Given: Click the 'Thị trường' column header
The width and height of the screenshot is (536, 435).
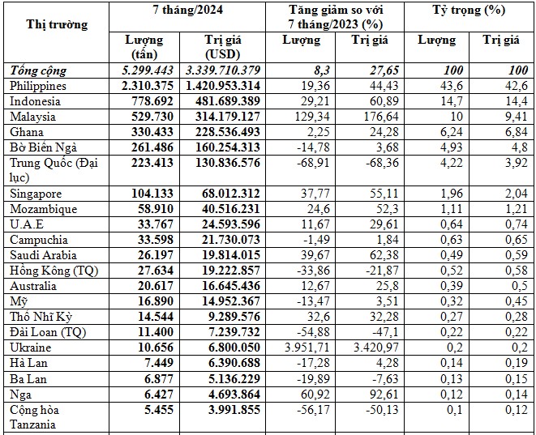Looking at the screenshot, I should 57,24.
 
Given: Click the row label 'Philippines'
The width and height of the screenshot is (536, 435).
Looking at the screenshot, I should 39,85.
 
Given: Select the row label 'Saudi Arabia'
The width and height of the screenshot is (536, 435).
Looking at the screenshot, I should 40,254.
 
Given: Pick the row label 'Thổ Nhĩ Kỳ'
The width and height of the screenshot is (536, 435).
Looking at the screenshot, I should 37,316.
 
